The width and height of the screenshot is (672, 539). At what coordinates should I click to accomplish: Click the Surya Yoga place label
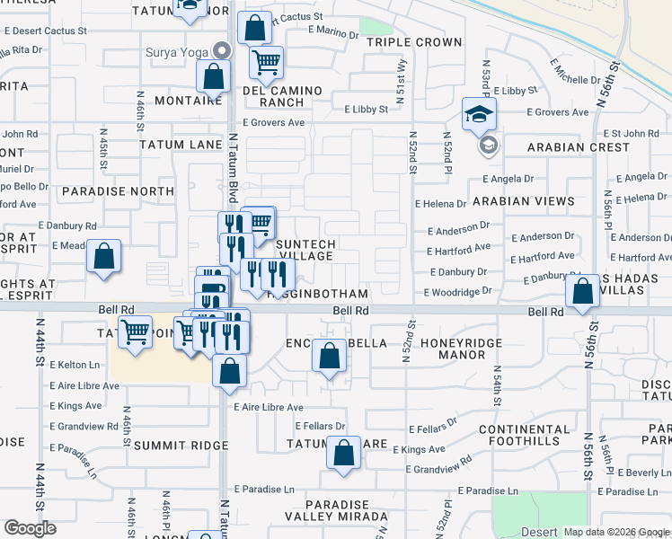click(x=176, y=51)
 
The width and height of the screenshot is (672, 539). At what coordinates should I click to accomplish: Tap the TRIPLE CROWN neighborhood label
click(x=414, y=42)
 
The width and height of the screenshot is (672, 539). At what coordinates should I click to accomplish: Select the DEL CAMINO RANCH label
click(x=275, y=96)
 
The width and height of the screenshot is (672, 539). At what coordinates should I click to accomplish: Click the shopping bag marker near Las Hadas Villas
click(x=583, y=292)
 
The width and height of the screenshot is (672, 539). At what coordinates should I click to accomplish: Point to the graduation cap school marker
click(x=479, y=114)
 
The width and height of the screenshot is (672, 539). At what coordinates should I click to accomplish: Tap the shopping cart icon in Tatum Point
click(x=135, y=332)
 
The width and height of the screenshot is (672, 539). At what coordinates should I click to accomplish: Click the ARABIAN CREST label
click(x=579, y=147)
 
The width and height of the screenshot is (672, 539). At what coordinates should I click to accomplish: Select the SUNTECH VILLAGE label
click(x=305, y=250)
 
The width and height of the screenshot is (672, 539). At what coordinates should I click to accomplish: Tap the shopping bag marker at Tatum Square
click(x=343, y=454)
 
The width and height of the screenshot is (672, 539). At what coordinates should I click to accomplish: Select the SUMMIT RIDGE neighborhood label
click(x=172, y=446)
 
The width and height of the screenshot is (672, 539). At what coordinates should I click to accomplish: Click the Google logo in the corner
click(x=30, y=528)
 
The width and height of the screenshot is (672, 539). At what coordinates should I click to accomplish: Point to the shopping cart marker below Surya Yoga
click(x=266, y=62)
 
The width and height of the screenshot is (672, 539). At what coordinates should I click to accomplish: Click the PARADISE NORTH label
click(x=118, y=191)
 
